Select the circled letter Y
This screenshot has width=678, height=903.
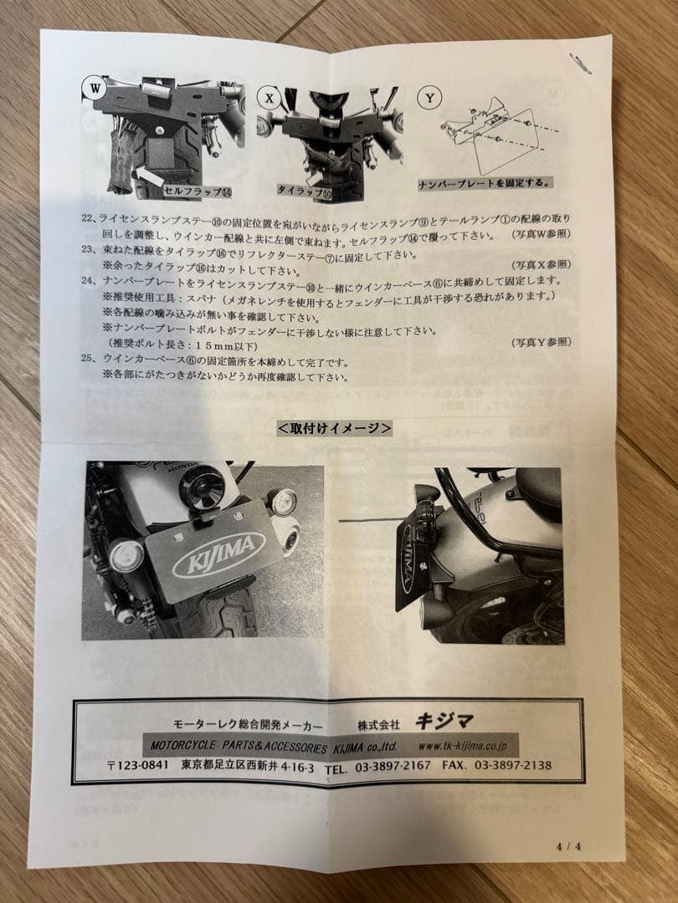point(429,99)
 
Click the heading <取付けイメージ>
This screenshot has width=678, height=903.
point(335,428)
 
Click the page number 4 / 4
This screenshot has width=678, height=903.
point(568,845)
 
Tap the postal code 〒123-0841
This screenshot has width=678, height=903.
point(139,766)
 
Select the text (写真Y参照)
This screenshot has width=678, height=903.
point(541,342)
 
